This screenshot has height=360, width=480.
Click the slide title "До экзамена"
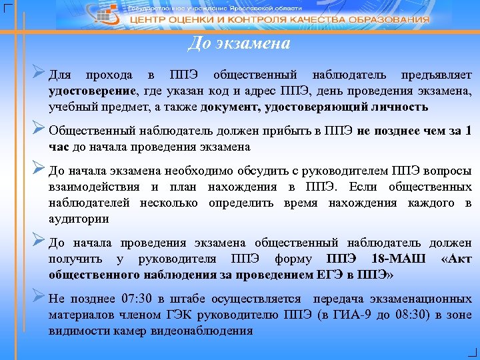(239, 44)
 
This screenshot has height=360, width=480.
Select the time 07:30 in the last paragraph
(140, 298)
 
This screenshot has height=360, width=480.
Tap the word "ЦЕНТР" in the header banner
(148, 20)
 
